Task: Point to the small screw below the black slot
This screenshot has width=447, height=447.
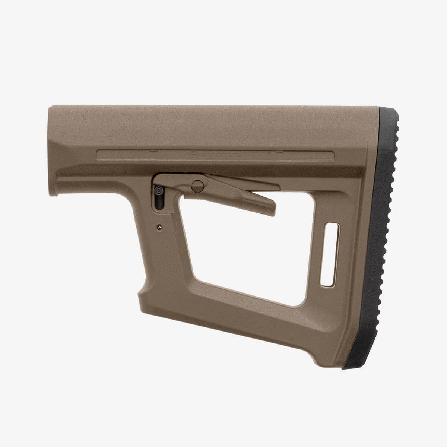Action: (x=159, y=227)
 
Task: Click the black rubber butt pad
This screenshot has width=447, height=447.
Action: (x=376, y=238)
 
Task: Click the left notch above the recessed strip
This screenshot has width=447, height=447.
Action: (x=153, y=151)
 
